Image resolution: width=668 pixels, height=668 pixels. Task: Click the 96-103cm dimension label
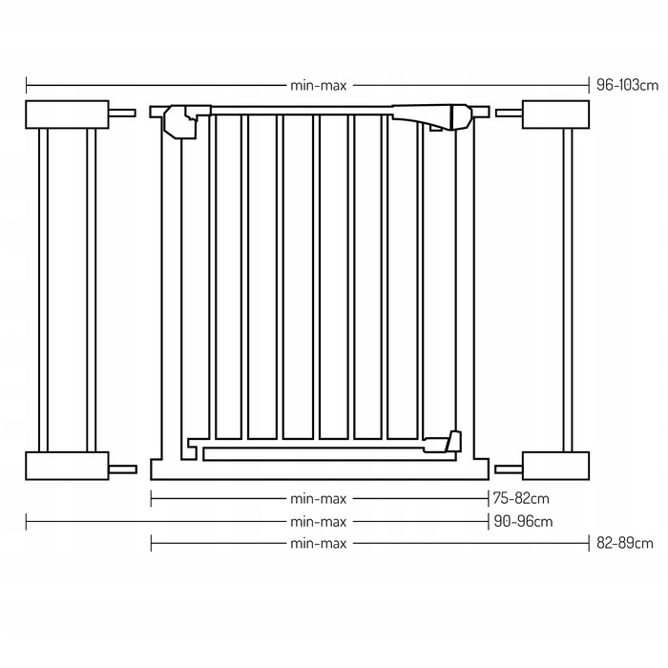click(x=627, y=85)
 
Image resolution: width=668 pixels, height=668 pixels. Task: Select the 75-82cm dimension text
click(x=521, y=498)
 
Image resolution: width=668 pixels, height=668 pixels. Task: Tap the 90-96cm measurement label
click(x=523, y=521)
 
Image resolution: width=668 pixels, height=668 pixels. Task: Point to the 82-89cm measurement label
click(x=624, y=543)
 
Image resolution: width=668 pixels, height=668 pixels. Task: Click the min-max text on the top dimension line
click(x=319, y=86)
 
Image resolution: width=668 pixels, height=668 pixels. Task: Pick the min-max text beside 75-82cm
click(x=319, y=499)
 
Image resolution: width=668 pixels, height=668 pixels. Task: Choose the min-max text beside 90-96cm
click(x=319, y=522)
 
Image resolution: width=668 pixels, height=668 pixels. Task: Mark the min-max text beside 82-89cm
click(x=319, y=544)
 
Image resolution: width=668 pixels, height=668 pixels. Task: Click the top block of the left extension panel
click(x=68, y=115)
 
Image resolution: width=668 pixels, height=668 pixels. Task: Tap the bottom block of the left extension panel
click(x=68, y=466)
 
